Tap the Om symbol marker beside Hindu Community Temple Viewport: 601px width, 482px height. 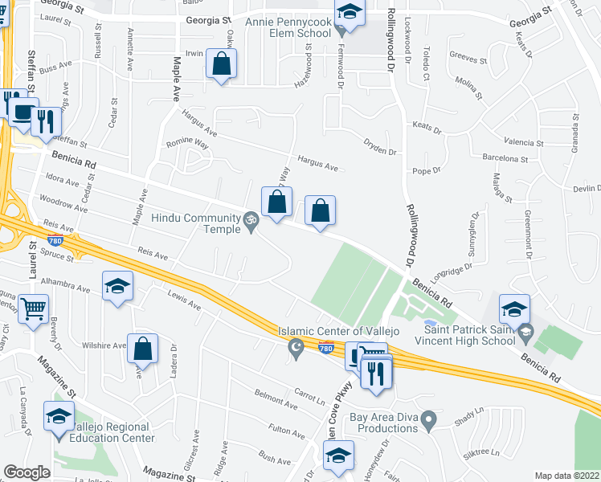click(250, 218)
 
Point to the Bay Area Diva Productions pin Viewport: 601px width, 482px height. click(429, 419)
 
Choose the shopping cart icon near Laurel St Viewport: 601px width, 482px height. click(33, 308)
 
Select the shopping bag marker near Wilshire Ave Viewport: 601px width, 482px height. click(142, 349)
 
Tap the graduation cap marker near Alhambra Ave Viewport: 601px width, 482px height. click(117, 286)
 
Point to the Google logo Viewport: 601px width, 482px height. click(27, 472)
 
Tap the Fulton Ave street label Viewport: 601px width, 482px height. click(287, 433)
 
